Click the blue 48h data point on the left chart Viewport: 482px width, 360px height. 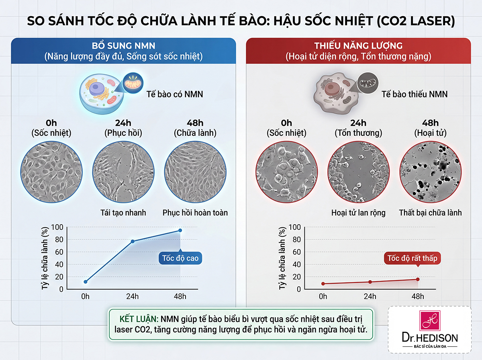[x=180, y=230]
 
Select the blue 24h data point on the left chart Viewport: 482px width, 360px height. [x=133, y=241]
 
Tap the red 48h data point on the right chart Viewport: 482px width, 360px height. [x=418, y=279]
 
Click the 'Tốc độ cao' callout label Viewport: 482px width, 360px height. [x=180, y=258]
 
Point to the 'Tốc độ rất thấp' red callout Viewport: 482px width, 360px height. [x=413, y=258]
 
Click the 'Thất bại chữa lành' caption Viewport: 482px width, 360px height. [x=430, y=213]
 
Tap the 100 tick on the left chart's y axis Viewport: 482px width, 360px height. [x=58, y=227]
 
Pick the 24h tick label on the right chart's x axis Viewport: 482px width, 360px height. [x=370, y=297]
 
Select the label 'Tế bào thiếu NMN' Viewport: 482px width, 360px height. [x=415, y=94]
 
